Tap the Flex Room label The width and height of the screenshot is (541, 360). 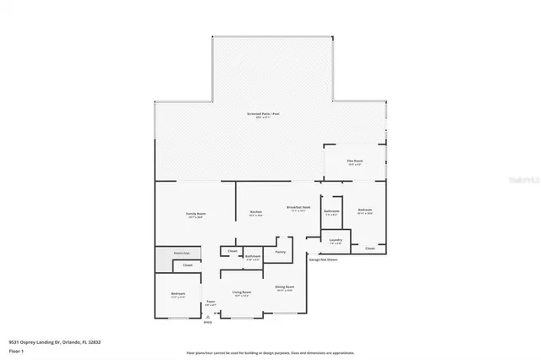click(353, 161)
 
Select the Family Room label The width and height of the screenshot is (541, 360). click(196, 214)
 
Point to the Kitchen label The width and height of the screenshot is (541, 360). click(255, 212)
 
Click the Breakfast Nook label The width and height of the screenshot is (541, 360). click(299, 208)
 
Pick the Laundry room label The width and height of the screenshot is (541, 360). click(336, 241)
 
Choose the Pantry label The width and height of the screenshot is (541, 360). click(280, 251)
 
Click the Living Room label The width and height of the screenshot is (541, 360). click(241, 292)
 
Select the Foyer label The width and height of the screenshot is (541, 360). click(210, 302)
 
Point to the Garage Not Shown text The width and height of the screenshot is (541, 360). click(323, 259)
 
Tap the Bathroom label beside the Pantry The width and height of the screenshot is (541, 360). click(252, 256)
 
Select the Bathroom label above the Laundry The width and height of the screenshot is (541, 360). click(331, 212)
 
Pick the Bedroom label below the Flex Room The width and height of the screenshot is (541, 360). click(365, 210)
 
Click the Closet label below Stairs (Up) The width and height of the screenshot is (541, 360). click(188, 265)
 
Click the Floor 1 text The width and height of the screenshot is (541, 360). click(16, 349)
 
